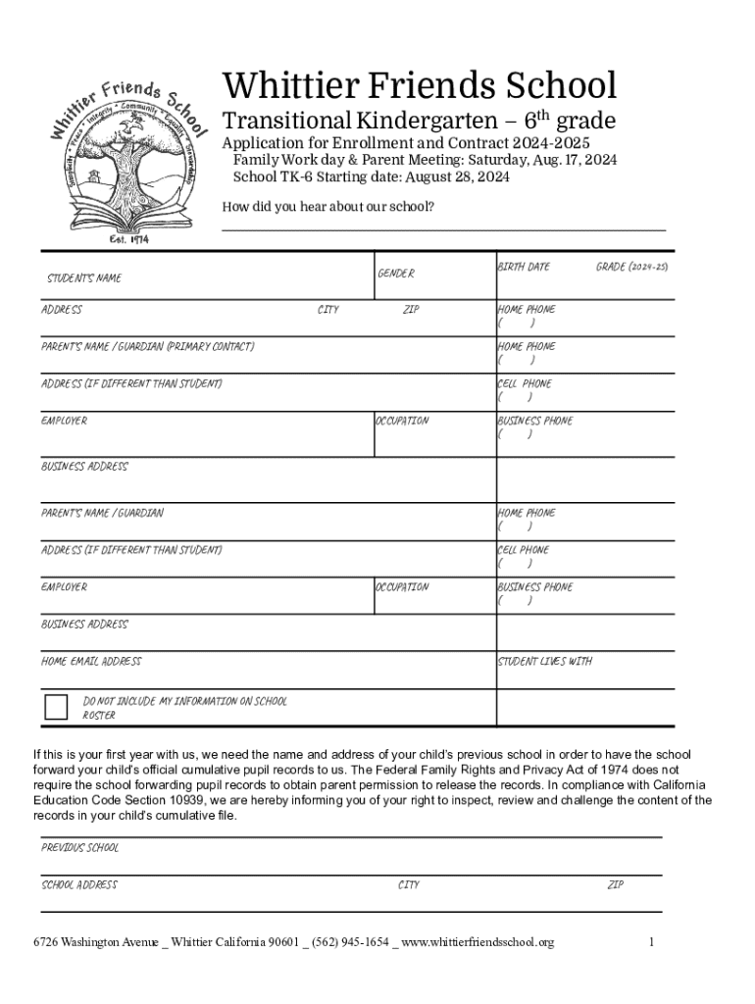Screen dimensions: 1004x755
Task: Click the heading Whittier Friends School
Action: (x=420, y=85)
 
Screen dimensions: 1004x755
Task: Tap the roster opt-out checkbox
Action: (x=57, y=707)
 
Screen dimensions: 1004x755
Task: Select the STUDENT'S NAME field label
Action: (x=85, y=278)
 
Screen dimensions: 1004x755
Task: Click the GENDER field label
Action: (x=396, y=274)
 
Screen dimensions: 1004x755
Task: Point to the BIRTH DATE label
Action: (x=524, y=267)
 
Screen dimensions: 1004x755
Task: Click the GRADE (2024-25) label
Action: (x=631, y=267)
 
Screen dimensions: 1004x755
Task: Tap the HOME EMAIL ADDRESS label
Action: (x=91, y=662)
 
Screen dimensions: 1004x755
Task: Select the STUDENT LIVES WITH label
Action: (x=545, y=662)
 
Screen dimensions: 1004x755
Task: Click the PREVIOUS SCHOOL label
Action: (x=79, y=848)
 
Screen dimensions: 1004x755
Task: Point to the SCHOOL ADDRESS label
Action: (x=79, y=885)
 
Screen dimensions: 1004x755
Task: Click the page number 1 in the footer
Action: (x=650, y=943)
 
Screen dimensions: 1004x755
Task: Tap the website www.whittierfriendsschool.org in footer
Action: (x=478, y=943)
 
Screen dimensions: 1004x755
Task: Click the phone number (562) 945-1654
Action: (x=351, y=943)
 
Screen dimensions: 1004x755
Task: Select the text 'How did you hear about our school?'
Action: (x=328, y=207)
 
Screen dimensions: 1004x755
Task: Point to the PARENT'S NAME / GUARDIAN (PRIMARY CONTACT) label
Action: (x=148, y=347)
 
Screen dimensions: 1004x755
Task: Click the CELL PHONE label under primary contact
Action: (x=525, y=384)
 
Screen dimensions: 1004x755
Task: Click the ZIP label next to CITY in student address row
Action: (x=411, y=310)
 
